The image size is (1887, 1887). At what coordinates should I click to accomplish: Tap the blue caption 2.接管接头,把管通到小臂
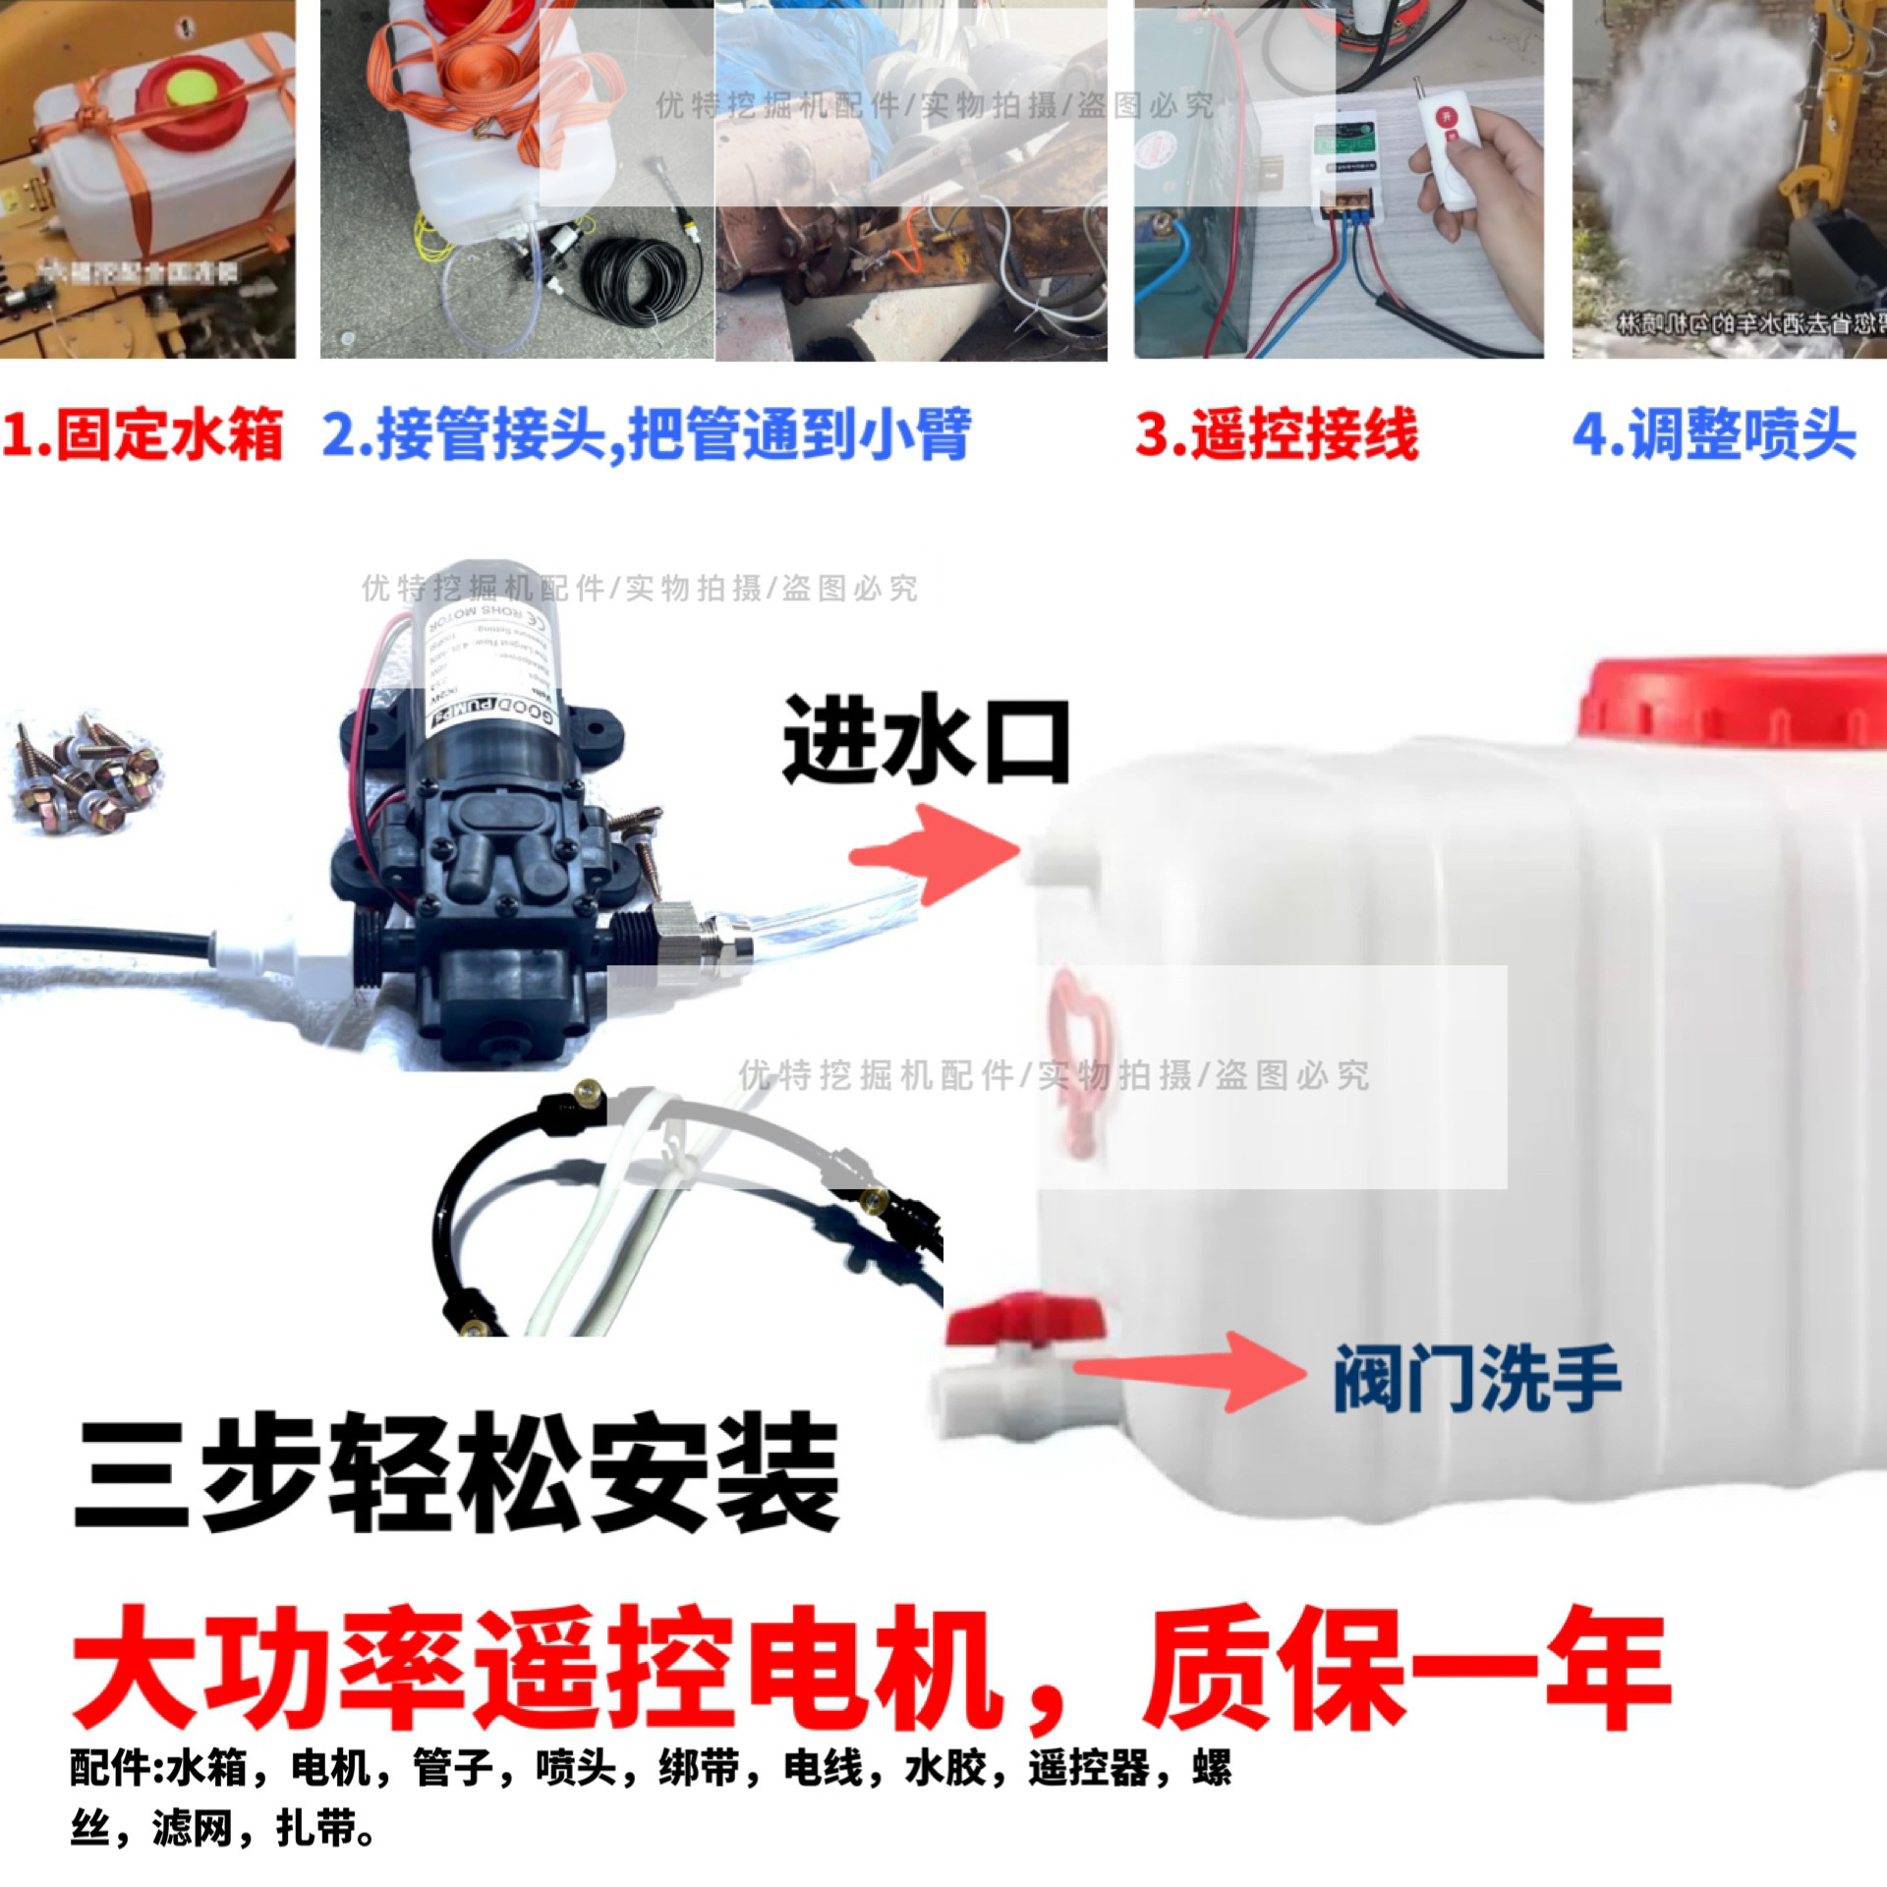click(646, 434)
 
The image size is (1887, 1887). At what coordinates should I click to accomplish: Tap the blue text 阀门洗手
click(1475, 1380)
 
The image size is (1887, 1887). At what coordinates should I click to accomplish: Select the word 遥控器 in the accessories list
click(1088, 1769)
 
